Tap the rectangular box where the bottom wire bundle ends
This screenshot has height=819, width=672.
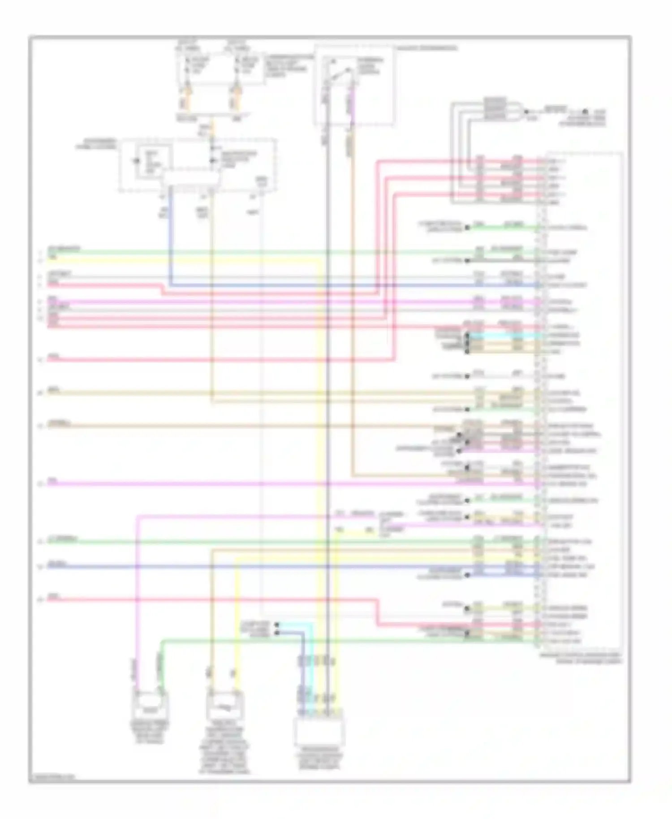pos(319,731)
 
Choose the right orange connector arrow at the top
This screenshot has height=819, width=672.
pos(236,95)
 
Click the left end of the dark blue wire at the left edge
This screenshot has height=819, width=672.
pos(48,567)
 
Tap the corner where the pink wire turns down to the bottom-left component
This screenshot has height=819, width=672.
pos(138,517)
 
